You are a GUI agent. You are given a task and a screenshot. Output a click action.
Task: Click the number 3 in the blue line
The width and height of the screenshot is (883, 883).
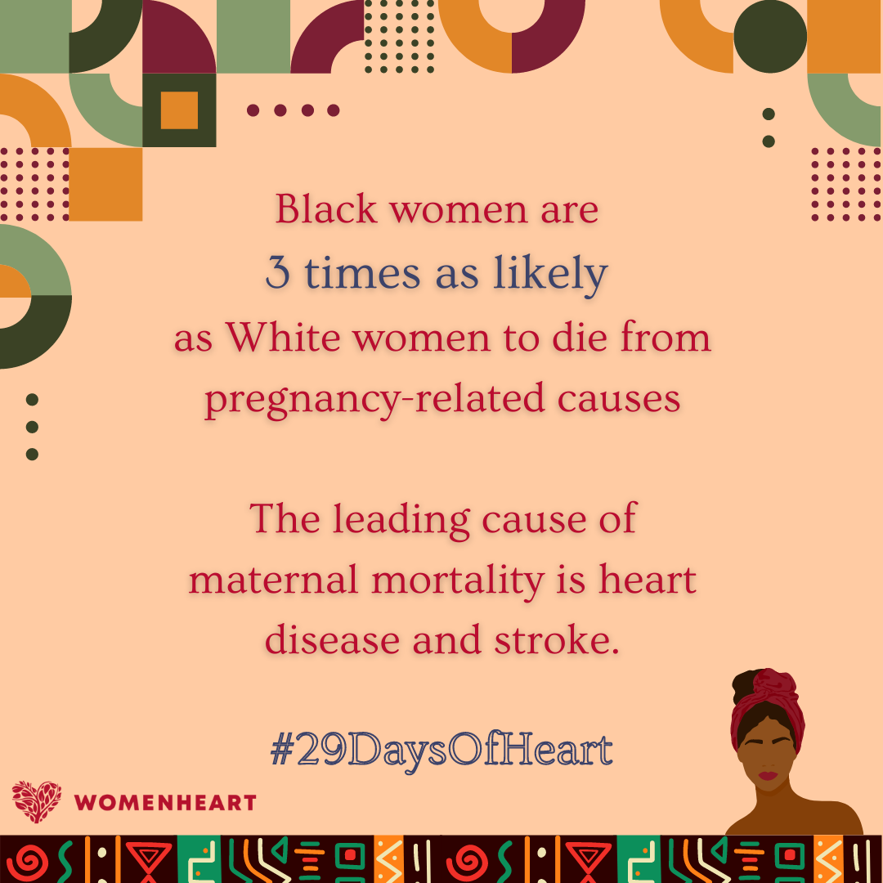[278, 272]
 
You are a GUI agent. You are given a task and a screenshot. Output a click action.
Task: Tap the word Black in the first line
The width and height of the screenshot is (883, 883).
[326, 209]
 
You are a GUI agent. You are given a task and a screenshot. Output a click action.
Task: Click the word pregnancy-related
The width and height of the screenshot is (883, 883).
[374, 400]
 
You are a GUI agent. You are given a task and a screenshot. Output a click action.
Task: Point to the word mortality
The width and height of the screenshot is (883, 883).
[458, 580]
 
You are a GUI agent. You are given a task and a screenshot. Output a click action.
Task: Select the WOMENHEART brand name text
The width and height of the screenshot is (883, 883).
[165, 803]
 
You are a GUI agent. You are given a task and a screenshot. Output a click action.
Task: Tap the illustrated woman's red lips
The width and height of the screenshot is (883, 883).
[768, 775]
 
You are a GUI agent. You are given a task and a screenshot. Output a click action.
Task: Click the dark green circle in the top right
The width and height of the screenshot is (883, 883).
[770, 37]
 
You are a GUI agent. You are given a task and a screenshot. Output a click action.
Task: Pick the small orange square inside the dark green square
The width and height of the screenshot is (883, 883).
[179, 110]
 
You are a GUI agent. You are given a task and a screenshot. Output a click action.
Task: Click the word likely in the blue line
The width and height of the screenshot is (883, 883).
[550, 274]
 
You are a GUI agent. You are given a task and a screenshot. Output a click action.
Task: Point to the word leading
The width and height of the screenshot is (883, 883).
[401, 520]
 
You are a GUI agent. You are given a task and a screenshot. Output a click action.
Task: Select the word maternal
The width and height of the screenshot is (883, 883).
[273, 580]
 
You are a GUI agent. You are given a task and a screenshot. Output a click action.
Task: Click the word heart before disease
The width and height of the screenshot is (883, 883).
[648, 579]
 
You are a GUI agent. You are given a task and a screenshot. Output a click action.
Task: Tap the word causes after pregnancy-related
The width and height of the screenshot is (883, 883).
[618, 400]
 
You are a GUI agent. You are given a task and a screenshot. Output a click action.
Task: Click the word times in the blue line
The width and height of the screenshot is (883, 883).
[363, 273]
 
